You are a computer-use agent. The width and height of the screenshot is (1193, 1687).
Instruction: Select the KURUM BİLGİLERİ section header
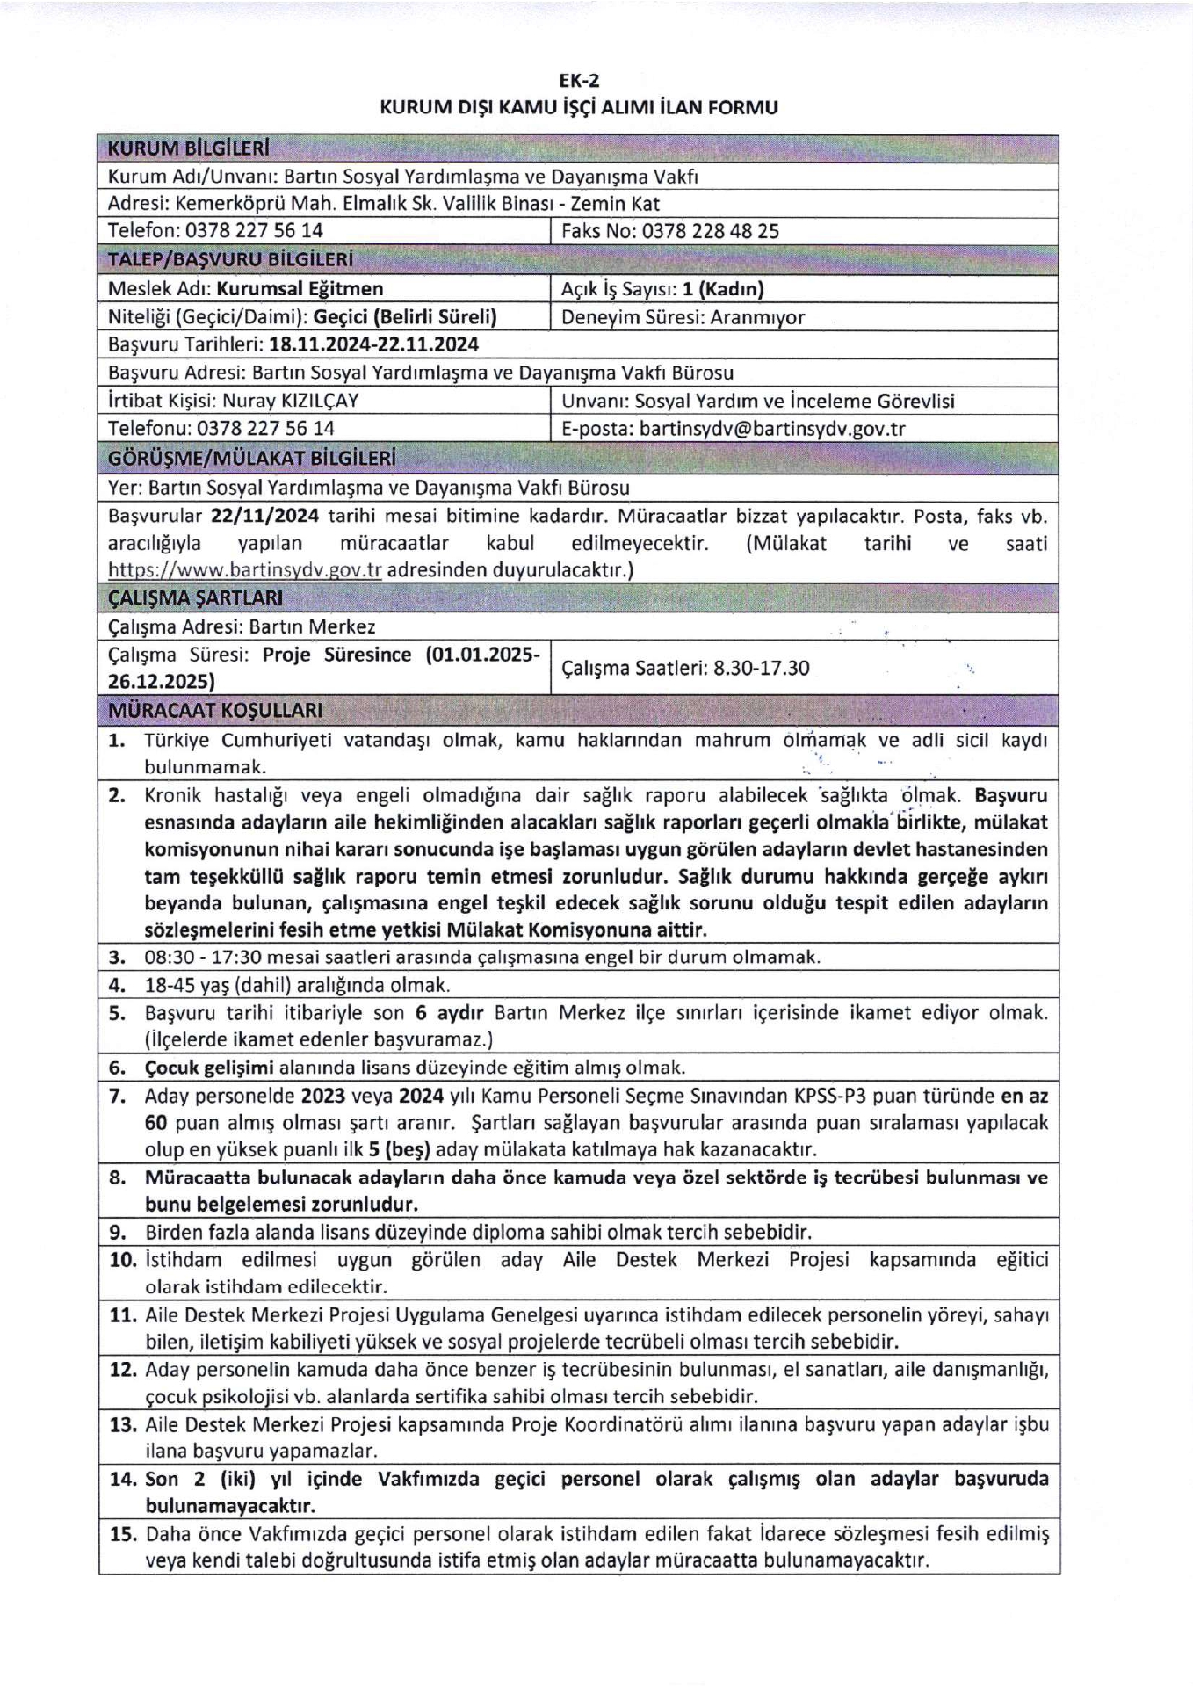(x=188, y=148)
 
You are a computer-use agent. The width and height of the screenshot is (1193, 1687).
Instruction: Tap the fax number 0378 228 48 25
(x=710, y=232)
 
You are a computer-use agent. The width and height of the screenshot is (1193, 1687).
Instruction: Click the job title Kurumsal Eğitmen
(x=300, y=289)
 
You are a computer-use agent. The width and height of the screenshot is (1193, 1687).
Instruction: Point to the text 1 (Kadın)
(x=723, y=289)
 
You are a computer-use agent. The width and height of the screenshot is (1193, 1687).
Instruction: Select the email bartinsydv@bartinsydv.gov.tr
(x=772, y=429)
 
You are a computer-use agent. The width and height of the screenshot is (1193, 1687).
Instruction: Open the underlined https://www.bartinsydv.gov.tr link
(x=244, y=570)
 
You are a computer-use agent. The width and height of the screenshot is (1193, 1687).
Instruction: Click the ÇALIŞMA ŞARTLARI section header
(x=195, y=598)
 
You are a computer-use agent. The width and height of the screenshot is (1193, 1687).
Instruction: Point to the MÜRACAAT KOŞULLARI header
(x=214, y=710)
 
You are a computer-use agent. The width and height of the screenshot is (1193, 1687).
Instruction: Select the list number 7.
(x=118, y=1097)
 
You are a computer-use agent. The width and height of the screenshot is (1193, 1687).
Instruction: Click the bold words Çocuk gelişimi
(x=210, y=1068)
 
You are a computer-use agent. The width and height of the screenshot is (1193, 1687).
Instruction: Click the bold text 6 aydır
(x=445, y=1013)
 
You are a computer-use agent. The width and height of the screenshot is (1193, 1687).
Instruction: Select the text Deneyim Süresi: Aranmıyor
(x=683, y=317)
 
